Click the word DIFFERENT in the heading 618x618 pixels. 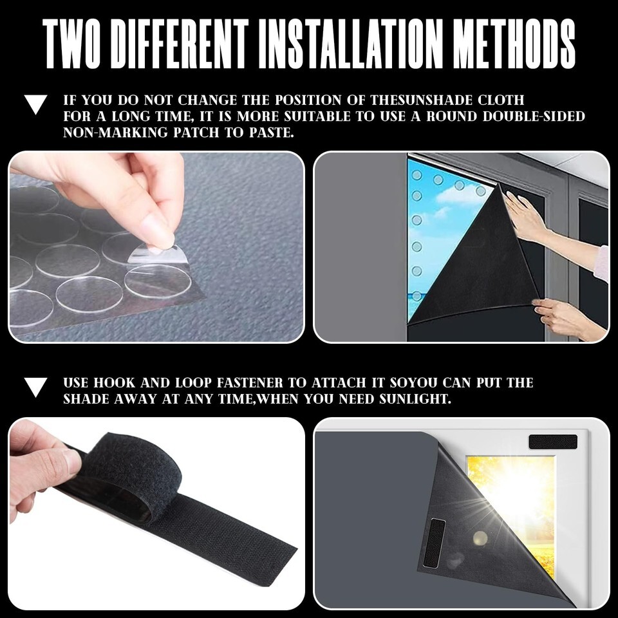180,44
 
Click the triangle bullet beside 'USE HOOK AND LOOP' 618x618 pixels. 35,387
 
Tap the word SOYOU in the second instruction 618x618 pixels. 413,382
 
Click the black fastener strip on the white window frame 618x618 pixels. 552,442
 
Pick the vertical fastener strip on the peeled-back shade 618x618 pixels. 434,543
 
